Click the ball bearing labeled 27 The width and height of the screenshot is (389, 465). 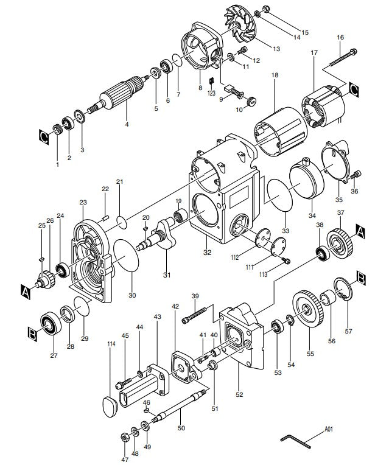(48, 323)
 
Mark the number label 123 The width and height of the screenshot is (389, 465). (211, 93)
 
